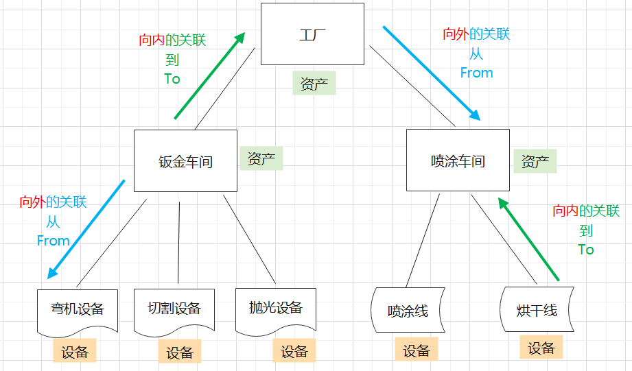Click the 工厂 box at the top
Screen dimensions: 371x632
coord(312,34)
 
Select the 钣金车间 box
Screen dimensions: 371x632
coord(185,161)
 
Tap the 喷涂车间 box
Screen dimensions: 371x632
coord(458,160)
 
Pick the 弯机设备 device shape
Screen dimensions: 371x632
coord(77,309)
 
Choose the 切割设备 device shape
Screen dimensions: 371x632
coord(174,309)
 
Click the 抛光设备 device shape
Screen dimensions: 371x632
coord(275,308)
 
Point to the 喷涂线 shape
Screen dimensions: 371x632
coord(408,310)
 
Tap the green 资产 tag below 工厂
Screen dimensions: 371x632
coord(314,84)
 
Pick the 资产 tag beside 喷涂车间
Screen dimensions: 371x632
coord(535,161)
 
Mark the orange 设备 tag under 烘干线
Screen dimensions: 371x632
coord(541,348)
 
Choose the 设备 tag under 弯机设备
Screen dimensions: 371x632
coord(75,352)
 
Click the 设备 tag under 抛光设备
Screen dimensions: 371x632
coord(294,351)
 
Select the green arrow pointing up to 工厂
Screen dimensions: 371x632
coord(209,75)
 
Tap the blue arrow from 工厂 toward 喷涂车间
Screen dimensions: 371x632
coord(430,73)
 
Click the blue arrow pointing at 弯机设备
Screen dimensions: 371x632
coord(86,229)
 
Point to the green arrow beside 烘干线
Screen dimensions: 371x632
coord(528,239)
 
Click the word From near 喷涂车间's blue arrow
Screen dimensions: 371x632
coord(476,72)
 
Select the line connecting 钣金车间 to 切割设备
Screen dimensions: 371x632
coord(178,242)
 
